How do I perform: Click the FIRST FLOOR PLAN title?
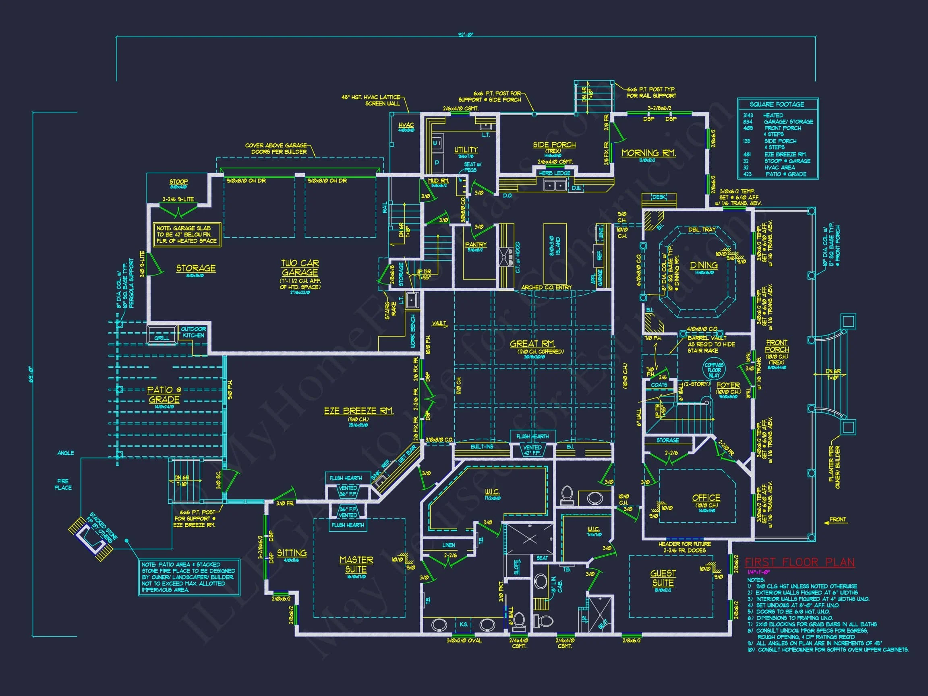[799, 562]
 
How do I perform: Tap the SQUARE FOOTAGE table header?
[777, 104]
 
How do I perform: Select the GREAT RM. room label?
[532, 344]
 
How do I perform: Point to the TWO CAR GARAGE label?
[300, 268]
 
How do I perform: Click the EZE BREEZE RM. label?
[358, 411]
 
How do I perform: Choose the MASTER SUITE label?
[356, 565]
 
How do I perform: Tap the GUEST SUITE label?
[663, 578]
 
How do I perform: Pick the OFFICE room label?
[706, 498]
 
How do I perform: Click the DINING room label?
[704, 265]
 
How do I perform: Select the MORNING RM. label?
[648, 153]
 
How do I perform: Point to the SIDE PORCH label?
[554, 145]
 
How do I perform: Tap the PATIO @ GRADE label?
[164, 394]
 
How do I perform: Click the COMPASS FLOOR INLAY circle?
[714, 370]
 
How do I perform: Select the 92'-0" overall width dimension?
[466, 35]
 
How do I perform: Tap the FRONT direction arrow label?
[837, 520]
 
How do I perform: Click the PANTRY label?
[476, 244]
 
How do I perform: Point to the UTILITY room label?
[466, 150]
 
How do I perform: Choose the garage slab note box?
[187, 234]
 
